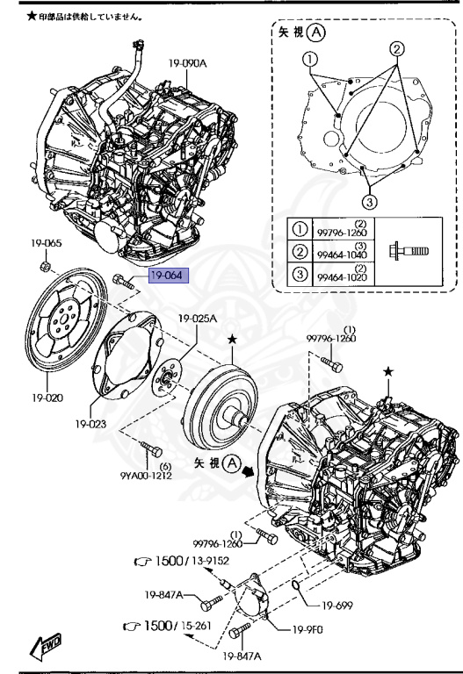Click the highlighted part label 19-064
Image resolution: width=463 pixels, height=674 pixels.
tap(169, 275)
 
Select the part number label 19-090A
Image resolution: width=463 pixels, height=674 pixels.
tap(187, 63)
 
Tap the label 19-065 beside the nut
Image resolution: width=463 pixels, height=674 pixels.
tap(46, 243)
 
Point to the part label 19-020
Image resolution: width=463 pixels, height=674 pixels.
tap(47, 398)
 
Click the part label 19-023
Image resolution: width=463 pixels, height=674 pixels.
tap(90, 424)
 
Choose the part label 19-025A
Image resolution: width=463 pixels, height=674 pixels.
tap(198, 319)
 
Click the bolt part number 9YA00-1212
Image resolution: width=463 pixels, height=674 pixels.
tap(146, 476)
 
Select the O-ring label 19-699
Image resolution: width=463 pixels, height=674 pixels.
tap(337, 606)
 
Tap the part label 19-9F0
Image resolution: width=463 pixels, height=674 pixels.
tap(307, 630)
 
